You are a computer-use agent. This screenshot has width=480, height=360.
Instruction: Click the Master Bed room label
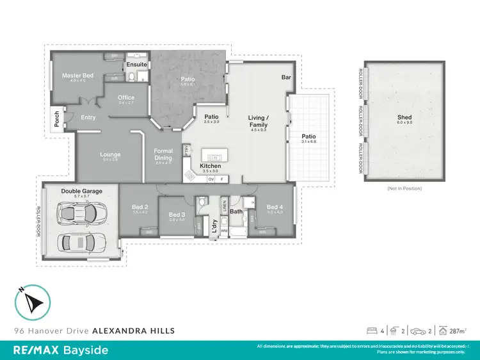(x=74, y=76)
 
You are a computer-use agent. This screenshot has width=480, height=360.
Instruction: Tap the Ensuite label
(x=136, y=65)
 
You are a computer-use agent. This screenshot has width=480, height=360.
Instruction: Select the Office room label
(x=126, y=98)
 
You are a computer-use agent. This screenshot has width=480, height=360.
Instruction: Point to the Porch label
(x=56, y=119)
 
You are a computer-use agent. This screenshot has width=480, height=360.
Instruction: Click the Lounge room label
(x=110, y=154)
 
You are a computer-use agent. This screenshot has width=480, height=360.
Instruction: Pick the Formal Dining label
(x=164, y=154)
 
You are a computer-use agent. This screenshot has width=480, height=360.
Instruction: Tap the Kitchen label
(x=210, y=166)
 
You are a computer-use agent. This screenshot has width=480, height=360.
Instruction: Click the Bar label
(x=286, y=78)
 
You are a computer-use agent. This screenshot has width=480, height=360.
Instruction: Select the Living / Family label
(x=259, y=120)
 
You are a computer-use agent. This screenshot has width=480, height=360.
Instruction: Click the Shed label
(x=404, y=117)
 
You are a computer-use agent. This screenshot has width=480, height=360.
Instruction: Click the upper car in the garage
(x=81, y=213)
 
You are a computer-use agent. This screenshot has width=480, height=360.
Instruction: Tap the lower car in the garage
(x=81, y=242)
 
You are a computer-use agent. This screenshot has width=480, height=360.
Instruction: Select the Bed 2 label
(x=140, y=207)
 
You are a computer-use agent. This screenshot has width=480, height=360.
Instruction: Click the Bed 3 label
(x=177, y=215)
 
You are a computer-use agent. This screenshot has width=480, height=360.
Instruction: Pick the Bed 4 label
(x=274, y=207)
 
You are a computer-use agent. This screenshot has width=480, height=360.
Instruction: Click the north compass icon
(x=32, y=302)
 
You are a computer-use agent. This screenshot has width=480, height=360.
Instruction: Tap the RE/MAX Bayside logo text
(x=61, y=350)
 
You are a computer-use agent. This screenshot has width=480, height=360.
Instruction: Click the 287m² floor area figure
(x=457, y=331)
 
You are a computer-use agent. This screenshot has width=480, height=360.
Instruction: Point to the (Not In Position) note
(x=404, y=188)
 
